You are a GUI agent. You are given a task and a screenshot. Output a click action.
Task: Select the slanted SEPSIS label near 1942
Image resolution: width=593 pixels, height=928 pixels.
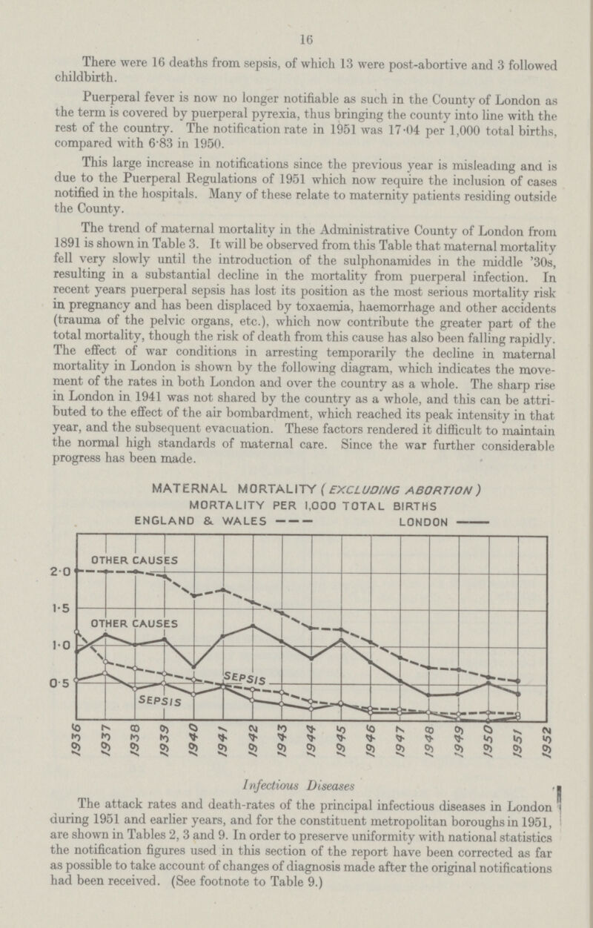[244, 677]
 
